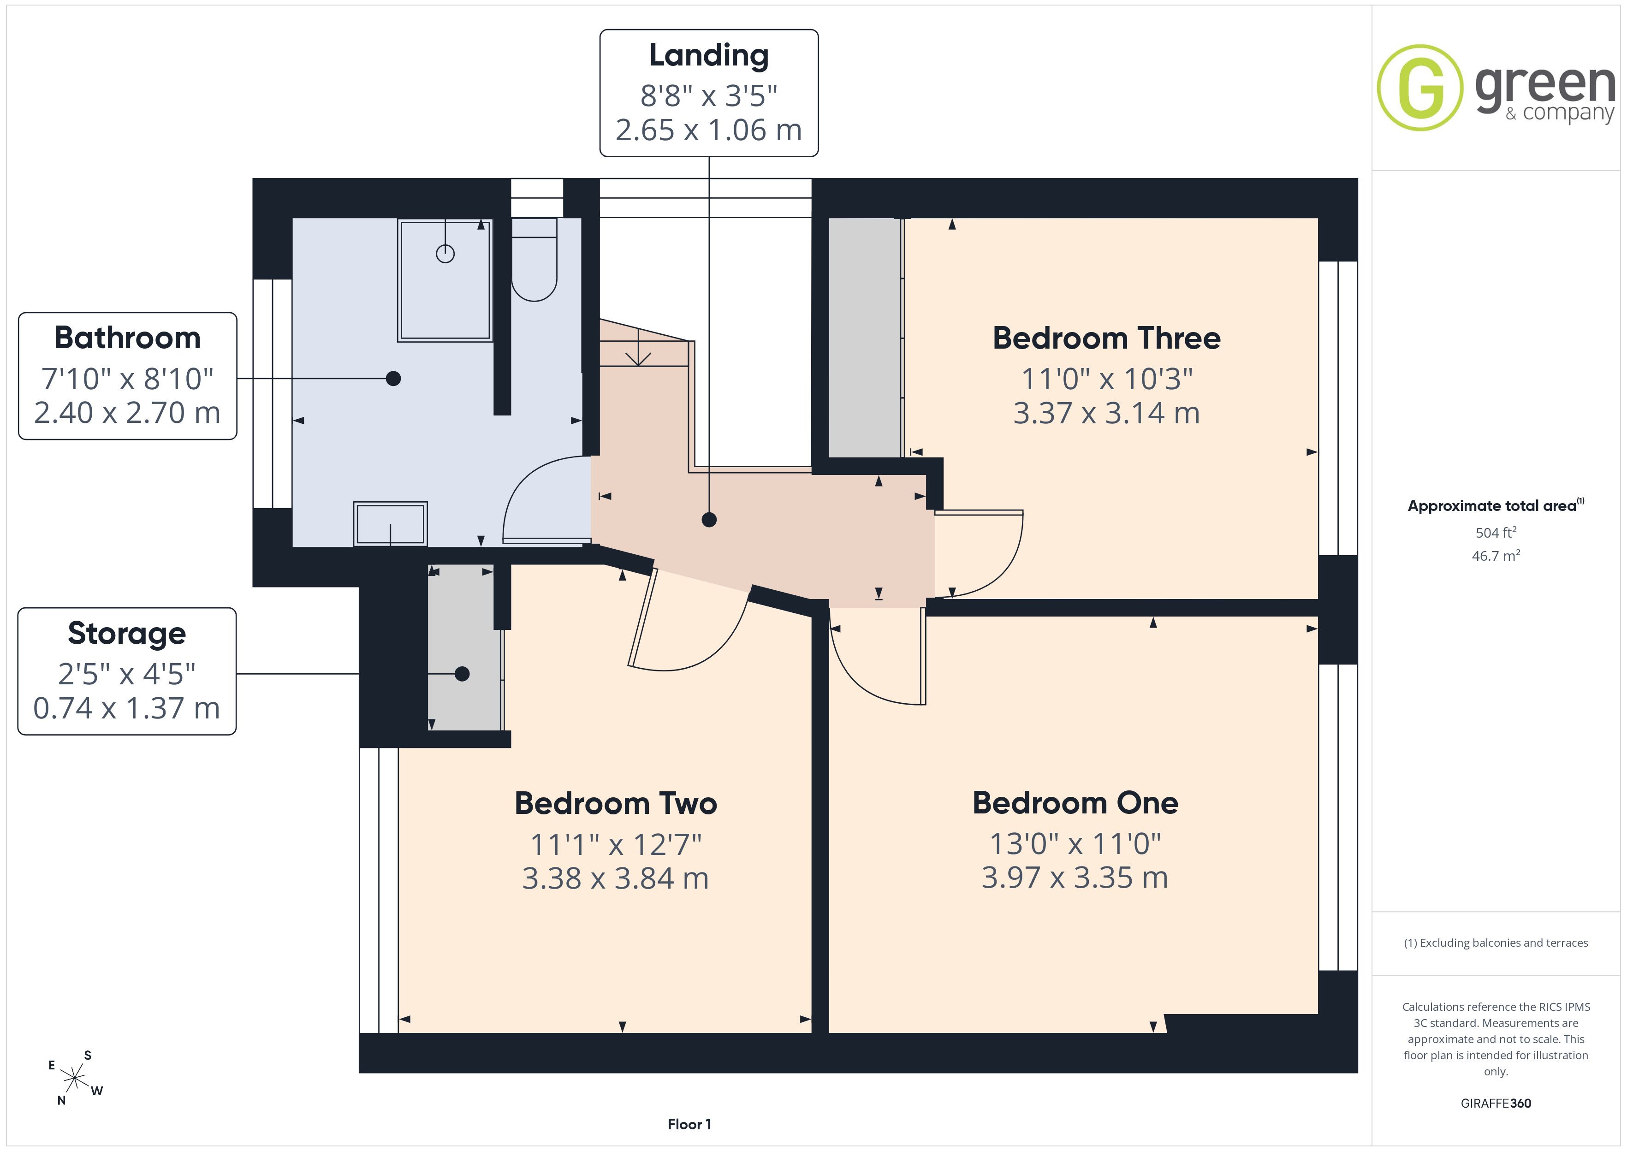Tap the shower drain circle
(445, 253)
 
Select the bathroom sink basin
(391, 524)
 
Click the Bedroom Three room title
(1106, 338)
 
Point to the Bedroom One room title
(1075, 803)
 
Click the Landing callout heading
(709, 56)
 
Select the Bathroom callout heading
(128, 338)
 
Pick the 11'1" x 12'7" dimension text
(616, 844)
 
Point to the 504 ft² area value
(1496, 532)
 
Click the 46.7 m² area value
(1496, 556)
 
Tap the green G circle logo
(1420, 88)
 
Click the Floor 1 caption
(689, 1124)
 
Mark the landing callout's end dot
(709, 520)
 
